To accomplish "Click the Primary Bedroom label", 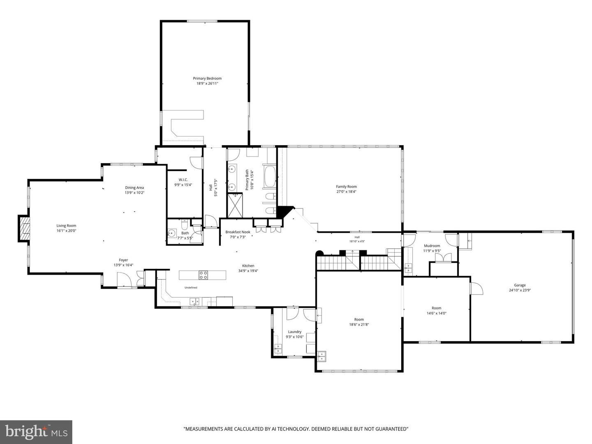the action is coord(207,79).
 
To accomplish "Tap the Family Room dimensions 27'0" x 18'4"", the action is coord(346,192).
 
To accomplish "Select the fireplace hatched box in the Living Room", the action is coord(24,228).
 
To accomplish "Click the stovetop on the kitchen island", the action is coord(203,275).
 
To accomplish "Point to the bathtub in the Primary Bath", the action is coord(269,177).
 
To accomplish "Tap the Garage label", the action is coord(520,285).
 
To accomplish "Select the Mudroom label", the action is coord(432,245).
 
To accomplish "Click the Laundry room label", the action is coord(294,332).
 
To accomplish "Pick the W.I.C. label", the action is coord(183,180).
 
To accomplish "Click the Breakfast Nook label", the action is coord(238,232).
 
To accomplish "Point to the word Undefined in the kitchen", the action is coord(191,288).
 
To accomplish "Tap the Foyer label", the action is coord(123,260).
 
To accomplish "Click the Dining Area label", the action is coord(134,187).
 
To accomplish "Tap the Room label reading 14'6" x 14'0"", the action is coord(436,308).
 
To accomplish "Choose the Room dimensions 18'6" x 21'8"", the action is coord(359,325).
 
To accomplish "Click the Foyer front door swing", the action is coord(124,280).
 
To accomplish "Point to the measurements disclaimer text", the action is coord(296,429).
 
